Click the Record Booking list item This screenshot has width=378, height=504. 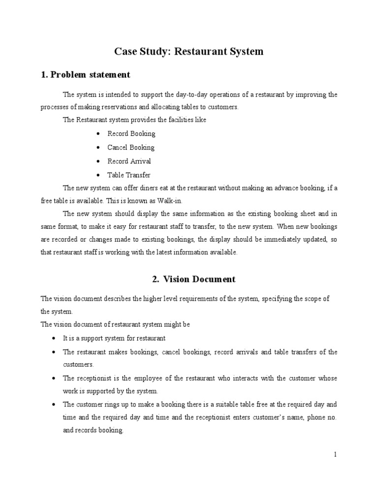[131, 134]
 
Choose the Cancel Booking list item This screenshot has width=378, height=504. [131, 148]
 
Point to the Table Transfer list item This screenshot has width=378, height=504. [129, 175]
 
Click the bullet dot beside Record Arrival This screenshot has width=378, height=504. [99, 161]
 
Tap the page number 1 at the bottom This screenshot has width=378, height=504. [335, 455]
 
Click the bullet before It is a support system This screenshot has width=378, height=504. [53, 339]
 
